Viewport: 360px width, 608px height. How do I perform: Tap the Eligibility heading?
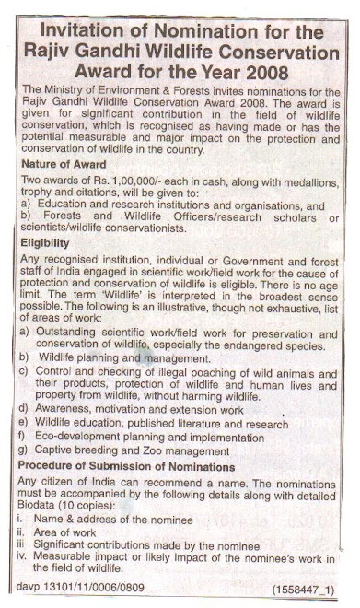pos(46,241)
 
